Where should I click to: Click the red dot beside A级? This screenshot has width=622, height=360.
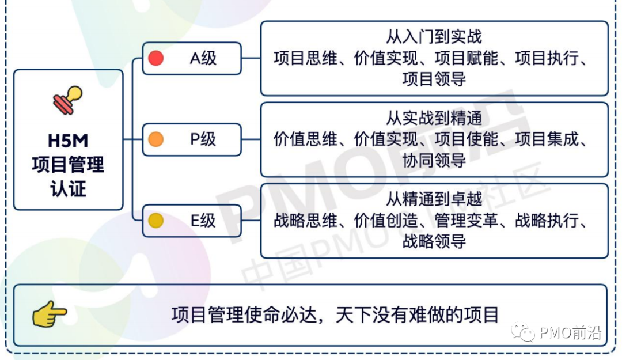point(156,58)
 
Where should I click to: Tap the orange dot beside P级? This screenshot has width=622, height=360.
point(156,139)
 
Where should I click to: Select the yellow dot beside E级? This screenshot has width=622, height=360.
point(156,220)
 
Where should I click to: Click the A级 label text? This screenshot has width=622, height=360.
point(203,58)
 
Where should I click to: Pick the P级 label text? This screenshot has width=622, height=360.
point(203,139)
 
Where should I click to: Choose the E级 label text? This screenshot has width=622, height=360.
point(203,220)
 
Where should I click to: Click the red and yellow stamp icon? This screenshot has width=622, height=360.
point(68,100)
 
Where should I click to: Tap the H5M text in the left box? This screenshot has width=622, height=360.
point(68,141)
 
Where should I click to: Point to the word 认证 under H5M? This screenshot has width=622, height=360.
point(68,189)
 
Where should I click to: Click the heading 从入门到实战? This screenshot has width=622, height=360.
point(434,37)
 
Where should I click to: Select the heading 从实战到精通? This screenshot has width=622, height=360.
point(434,118)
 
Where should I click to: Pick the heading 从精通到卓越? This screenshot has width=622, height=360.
point(434,199)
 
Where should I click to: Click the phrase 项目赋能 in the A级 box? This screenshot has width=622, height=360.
point(466,58)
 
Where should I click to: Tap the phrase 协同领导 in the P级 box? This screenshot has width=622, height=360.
point(434,160)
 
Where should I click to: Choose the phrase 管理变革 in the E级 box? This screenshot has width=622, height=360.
point(466,220)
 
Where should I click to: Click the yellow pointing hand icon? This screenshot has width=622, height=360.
point(50,314)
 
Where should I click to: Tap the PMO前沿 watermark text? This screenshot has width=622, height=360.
point(570,332)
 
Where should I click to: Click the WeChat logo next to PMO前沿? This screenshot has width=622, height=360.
point(523,332)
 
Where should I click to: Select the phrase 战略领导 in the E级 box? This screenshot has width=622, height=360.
point(434,241)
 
